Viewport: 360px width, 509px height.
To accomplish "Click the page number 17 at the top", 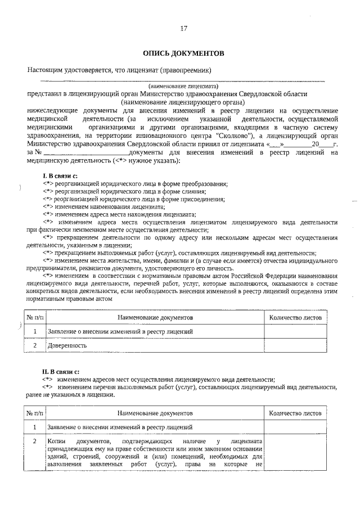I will click(183, 29).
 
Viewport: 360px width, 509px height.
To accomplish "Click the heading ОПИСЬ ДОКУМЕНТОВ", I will click(183, 53).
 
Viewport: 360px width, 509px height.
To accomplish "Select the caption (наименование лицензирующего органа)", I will click(183, 103).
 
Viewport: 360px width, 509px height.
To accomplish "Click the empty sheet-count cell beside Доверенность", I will click(295, 345).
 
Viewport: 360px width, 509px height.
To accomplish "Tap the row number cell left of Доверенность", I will click(34, 345).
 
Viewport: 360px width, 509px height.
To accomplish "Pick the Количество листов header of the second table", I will click(295, 413).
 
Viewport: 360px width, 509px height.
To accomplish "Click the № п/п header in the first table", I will click(34, 318).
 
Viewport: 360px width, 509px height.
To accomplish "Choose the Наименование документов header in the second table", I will click(155, 413).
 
